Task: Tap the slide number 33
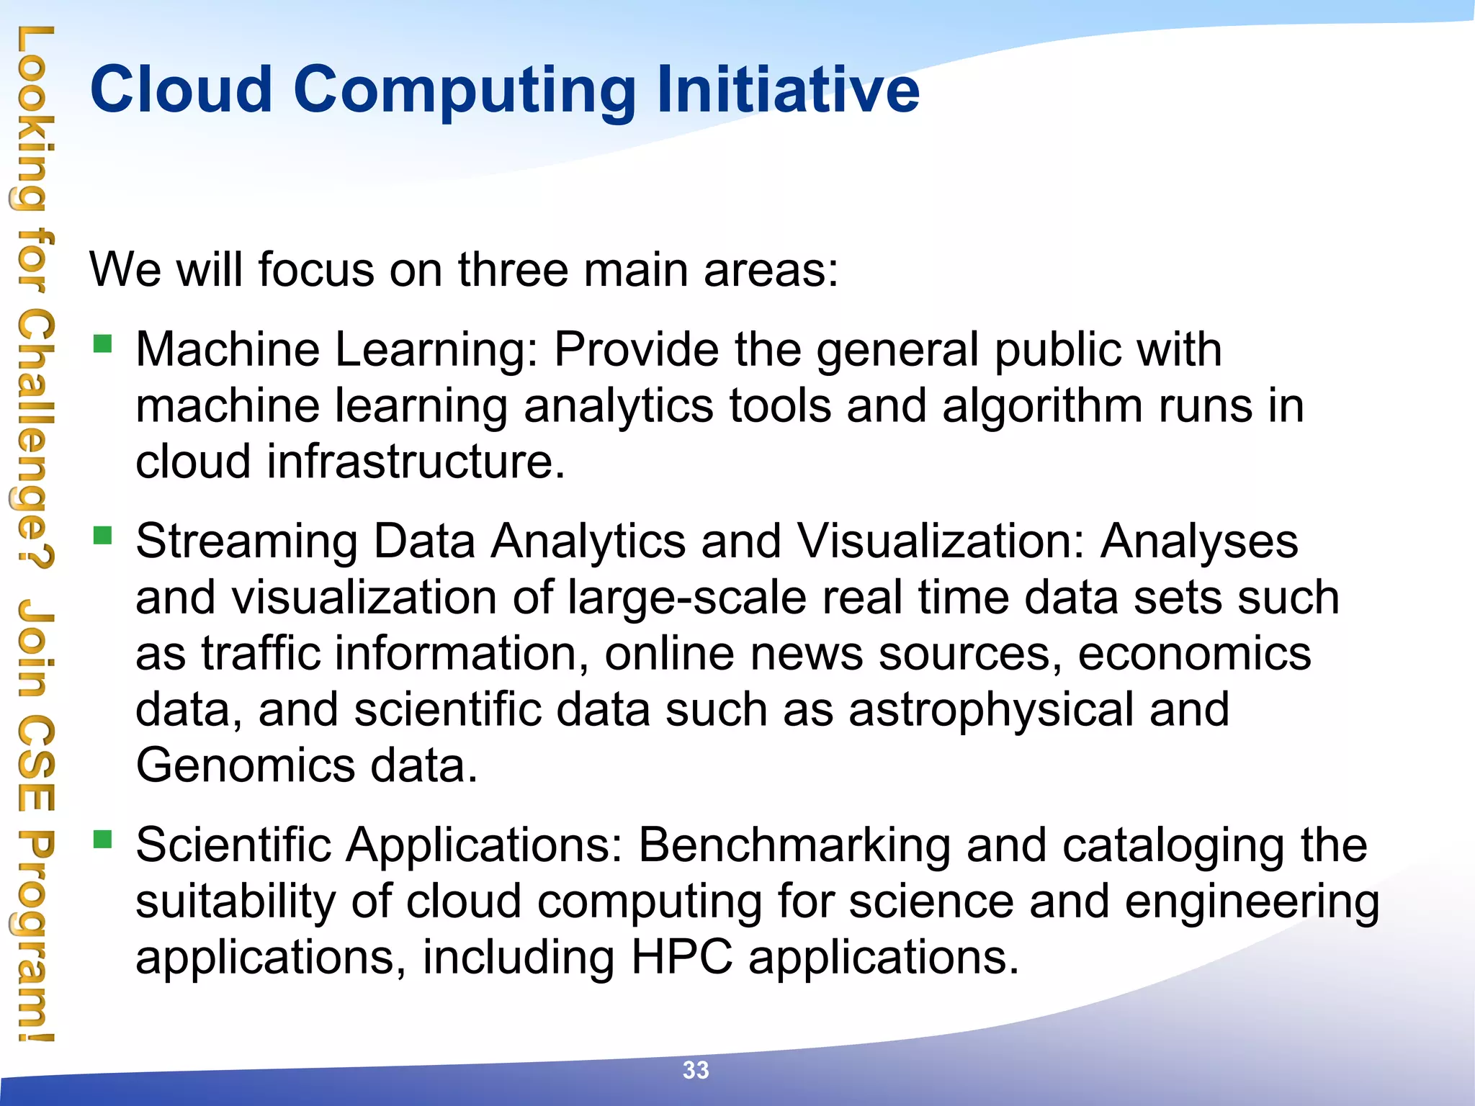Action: [x=696, y=1070]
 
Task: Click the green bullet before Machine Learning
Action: [x=103, y=343]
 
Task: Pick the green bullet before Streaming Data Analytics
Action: [x=103, y=536]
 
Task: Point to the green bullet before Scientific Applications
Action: [x=103, y=839]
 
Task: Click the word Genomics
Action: [x=245, y=765]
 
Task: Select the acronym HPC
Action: [x=681, y=958]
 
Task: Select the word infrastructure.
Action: [x=416, y=462]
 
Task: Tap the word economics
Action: [x=1194, y=655]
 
